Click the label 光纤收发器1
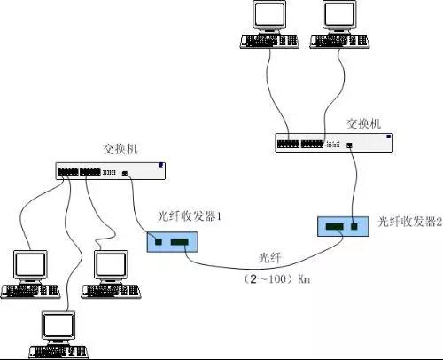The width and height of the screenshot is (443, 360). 190,216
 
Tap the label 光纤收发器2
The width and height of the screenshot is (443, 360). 410,222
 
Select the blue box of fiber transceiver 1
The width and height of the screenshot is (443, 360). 173,242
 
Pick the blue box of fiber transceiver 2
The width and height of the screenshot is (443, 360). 343,226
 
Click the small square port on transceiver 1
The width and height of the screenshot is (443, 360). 159,242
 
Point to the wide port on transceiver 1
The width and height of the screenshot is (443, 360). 180,242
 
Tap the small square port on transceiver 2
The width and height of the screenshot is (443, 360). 354,226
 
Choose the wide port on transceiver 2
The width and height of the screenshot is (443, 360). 335,226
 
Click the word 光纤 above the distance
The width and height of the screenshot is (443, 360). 269,258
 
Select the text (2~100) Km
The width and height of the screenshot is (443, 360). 276,278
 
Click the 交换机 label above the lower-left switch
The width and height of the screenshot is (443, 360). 120,149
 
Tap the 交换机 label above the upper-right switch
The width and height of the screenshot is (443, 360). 364,123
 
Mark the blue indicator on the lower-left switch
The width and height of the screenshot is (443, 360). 161,165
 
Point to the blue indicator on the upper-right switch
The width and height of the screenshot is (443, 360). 389,137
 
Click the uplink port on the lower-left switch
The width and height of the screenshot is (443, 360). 125,173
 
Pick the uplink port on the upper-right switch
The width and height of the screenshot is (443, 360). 349,145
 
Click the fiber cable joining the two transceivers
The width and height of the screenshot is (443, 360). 260,269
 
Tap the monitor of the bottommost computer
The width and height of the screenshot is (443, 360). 58,326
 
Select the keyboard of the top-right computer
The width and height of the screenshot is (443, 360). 339,41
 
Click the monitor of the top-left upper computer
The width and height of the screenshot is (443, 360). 269,15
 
